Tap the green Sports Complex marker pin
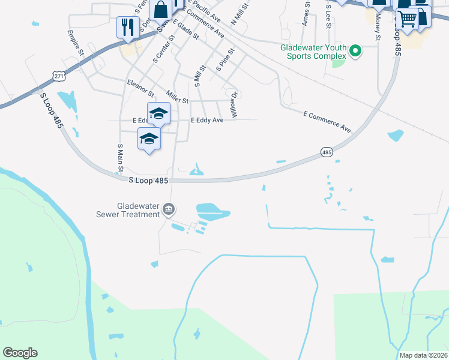click(x=355, y=52)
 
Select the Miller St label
click(x=178, y=97)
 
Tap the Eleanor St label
click(x=140, y=88)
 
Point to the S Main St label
click(x=120, y=155)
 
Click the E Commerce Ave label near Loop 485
click(x=327, y=121)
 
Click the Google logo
click(x=20, y=353)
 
